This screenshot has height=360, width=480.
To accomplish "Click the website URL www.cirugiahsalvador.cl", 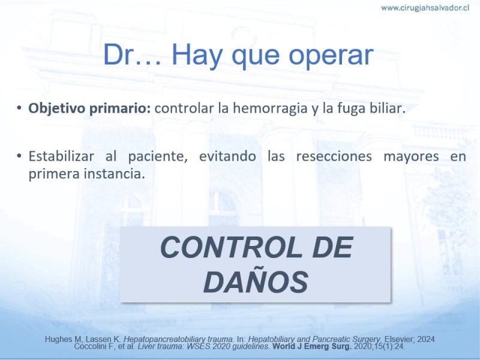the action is [425, 8].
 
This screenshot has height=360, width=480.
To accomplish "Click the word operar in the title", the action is [331, 55].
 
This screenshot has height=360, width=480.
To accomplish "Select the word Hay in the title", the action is [197, 55].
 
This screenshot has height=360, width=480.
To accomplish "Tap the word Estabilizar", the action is [61, 156].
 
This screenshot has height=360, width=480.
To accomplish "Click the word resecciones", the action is [334, 156].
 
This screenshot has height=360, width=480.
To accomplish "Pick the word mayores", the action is [411, 157].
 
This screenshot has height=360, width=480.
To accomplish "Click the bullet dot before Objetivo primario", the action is [19, 108].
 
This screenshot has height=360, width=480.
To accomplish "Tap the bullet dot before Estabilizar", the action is [19, 156].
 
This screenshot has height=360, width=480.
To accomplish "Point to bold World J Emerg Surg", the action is [312, 347].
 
